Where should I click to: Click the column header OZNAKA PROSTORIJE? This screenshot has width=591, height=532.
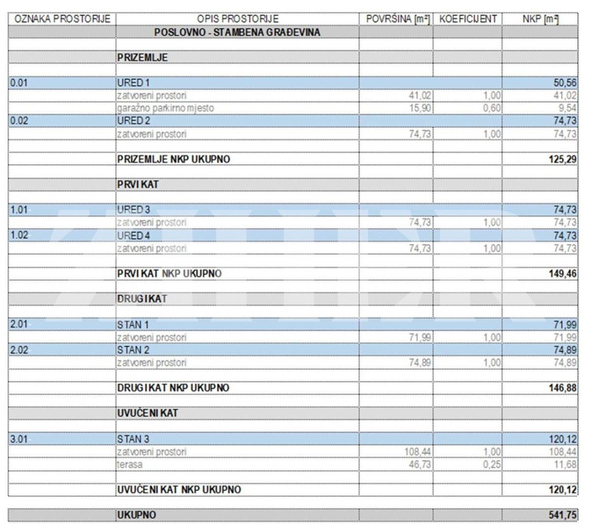(x=62, y=19)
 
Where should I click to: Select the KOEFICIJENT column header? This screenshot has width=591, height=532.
(x=467, y=19)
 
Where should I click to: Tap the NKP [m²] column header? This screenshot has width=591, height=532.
(x=540, y=19)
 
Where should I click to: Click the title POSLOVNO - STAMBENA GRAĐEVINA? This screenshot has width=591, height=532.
(x=237, y=32)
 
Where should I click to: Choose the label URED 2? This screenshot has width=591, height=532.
(x=133, y=121)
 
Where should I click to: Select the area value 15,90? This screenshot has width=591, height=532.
(x=420, y=108)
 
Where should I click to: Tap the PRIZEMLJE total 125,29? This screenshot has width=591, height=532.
(x=564, y=160)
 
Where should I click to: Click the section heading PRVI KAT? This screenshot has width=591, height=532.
(x=137, y=184)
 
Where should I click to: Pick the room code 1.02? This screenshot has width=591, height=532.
(x=20, y=235)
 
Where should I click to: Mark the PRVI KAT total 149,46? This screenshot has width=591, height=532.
(x=564, y=273)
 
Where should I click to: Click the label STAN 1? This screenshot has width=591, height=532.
(x=132, y=325)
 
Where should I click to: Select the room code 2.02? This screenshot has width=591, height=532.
(x=20, y=350)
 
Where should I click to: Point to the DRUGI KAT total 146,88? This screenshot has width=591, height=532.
(x=564, y=388)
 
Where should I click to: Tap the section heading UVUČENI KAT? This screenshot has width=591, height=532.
(x=147, y=413)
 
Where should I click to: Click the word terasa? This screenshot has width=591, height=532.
(x=130, y=465)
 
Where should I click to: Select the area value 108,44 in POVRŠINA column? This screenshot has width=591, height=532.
(x=417, y=452)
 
